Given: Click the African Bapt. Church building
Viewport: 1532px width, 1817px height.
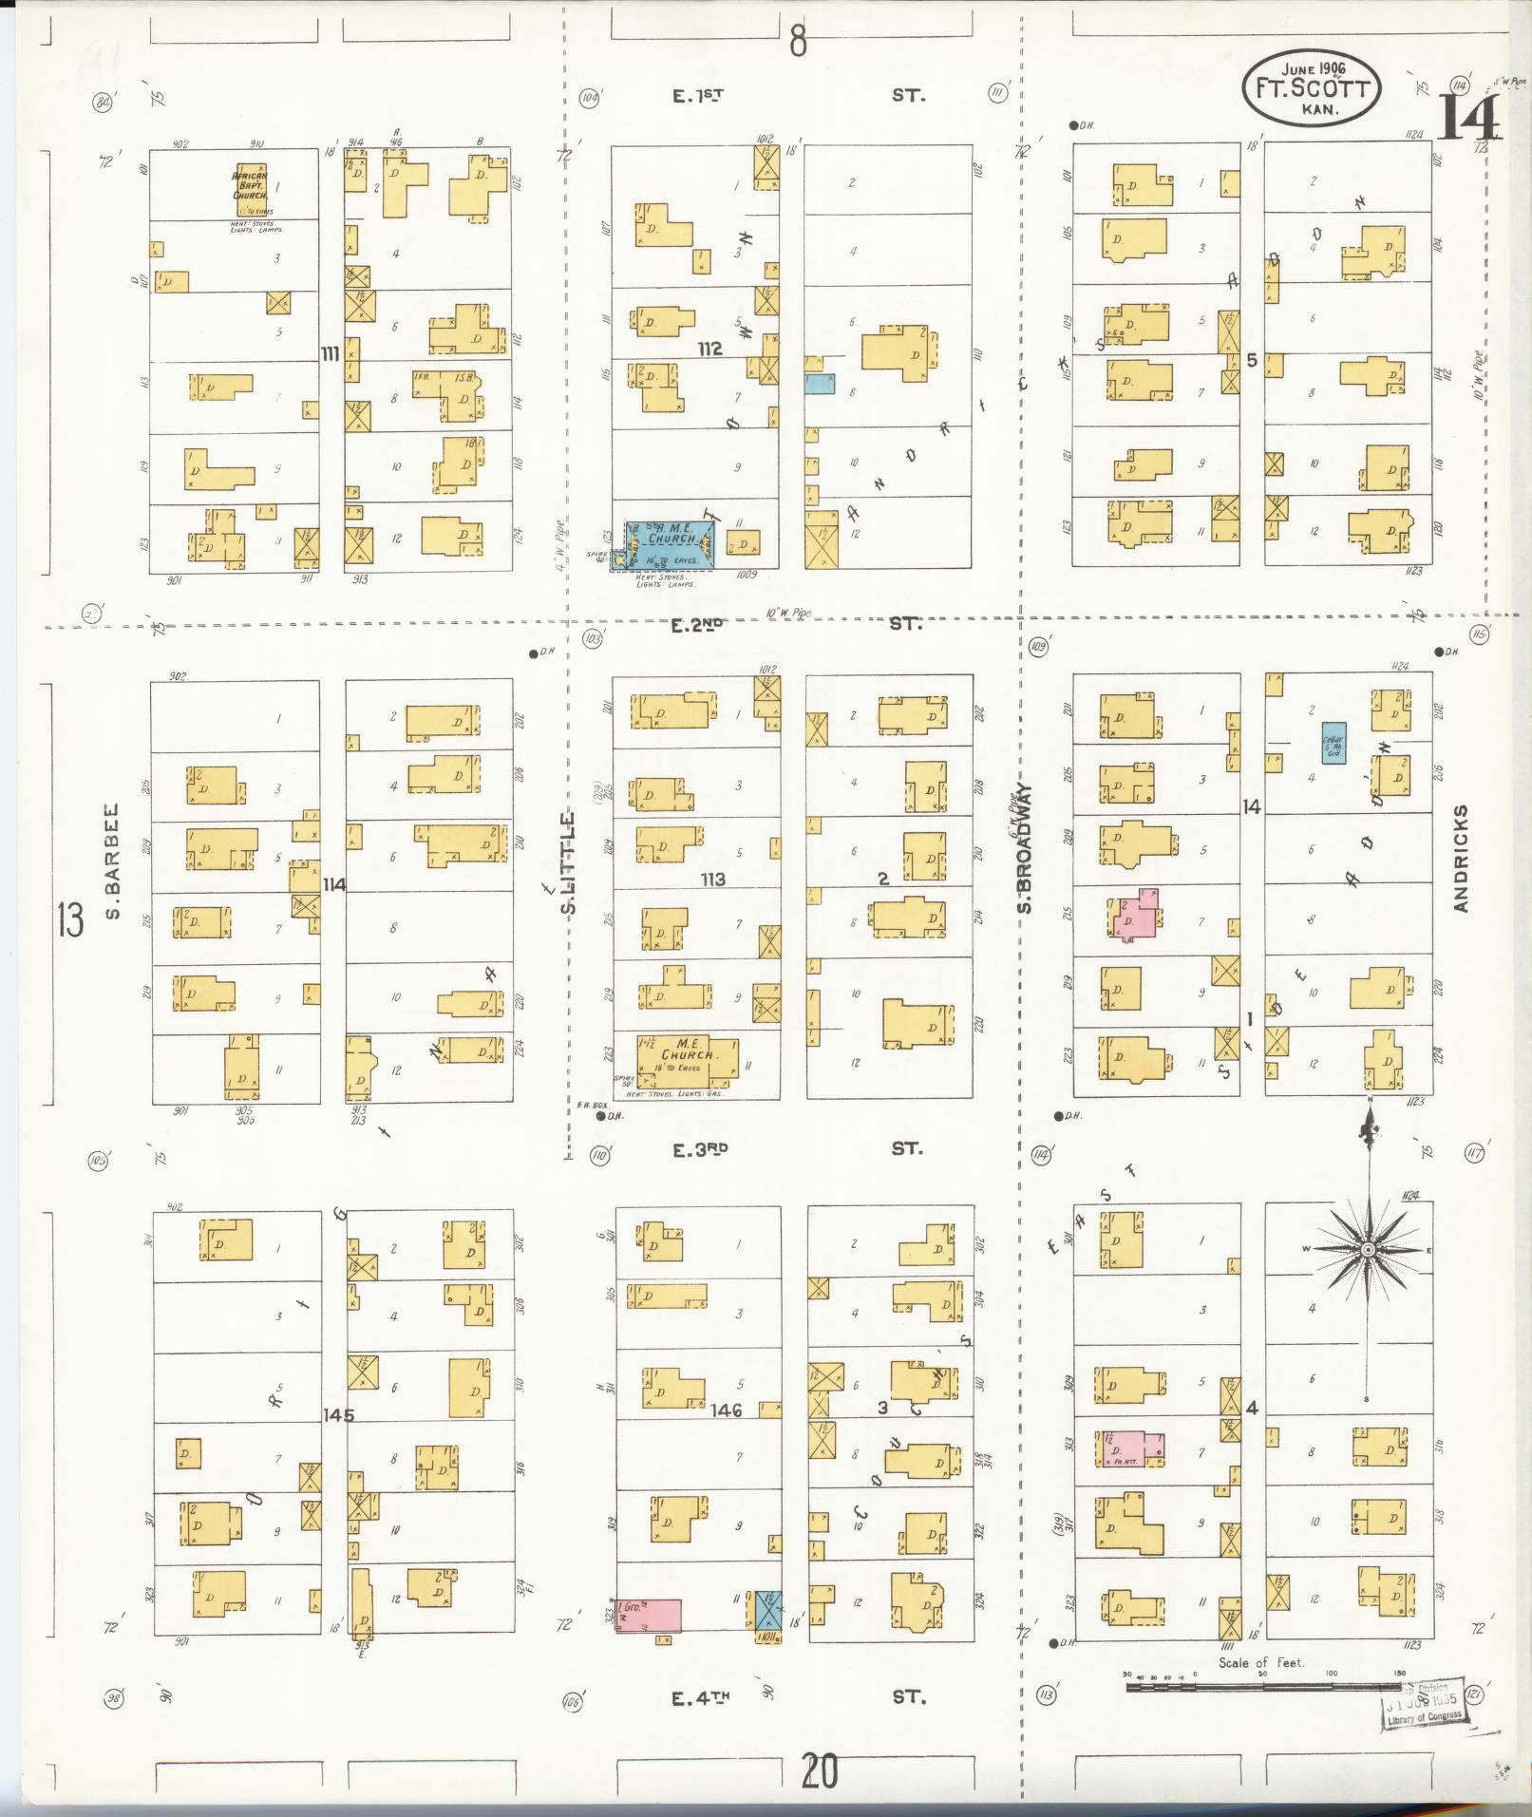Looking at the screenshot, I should click(x=250, y=190).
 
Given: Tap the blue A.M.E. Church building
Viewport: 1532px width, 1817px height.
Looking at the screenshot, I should click(x=670, y=544).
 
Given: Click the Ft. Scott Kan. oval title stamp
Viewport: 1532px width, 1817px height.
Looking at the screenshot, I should click(x=1311, y=87).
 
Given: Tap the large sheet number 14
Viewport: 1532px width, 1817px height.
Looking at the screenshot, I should click(x=1467, y=117).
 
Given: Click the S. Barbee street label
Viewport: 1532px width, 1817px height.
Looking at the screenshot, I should click(x=111, y=862).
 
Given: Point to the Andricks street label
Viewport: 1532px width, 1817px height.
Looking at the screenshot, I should click(x=1460, y=859).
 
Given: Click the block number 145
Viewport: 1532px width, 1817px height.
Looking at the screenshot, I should click(x=337, y=1414).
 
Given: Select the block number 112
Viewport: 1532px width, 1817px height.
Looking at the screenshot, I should click(x=709, y=350).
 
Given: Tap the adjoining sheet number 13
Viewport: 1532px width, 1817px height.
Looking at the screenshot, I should click(x=69, y=919).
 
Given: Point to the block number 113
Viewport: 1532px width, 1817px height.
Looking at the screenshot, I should click(x=712, y=880).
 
